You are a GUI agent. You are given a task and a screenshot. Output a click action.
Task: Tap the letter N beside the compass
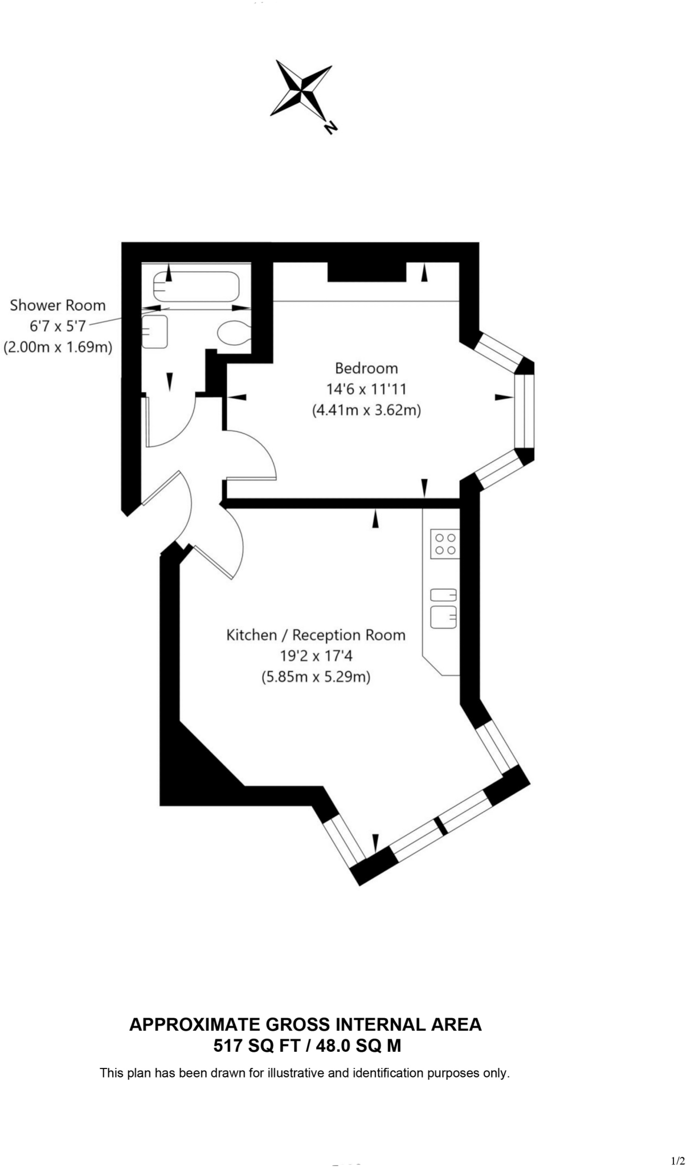click(x=329, y=127)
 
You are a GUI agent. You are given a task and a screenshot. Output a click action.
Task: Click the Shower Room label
click(x=58, y=305)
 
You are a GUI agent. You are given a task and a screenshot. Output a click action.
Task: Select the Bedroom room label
click(x=366, y=368)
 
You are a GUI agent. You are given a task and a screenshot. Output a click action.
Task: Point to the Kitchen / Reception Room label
click(x=316, y=635)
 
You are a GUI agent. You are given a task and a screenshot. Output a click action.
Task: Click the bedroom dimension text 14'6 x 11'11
click(x=366, y=389)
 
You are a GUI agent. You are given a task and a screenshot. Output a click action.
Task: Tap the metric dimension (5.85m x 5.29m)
click(x=316, y=677)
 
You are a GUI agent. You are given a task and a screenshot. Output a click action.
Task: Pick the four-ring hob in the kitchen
click(x=445, y=544)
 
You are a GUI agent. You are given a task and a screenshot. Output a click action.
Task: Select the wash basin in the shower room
click(x=154, y=332)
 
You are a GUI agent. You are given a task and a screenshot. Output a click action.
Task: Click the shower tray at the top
click(x=196, y=287)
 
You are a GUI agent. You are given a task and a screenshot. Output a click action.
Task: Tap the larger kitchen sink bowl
click(x=443, y=617)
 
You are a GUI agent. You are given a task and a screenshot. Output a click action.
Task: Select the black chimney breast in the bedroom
click(x=366, y=272)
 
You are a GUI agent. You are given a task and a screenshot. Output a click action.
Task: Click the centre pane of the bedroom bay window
click(x=524, y=411)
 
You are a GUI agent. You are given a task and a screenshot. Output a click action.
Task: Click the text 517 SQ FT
click(x=254, y=1046)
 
